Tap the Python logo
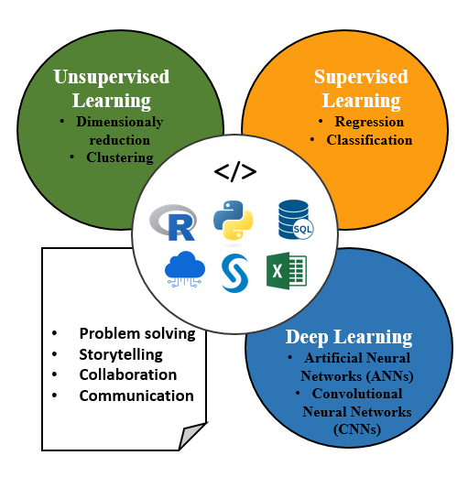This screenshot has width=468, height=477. (x=234, y=220)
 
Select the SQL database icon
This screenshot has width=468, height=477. (x=296, y=219)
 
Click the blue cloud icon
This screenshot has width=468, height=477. (x=185, y=269)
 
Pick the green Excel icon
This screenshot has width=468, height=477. (x=287, y=270)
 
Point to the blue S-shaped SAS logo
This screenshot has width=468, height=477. (x=234, y=273)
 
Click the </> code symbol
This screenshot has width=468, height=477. (x=235, y=172)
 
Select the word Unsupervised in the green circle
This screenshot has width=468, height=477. (x=112, y=77)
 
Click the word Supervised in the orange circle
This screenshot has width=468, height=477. (x=361, y=77)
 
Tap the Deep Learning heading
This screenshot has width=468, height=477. (x=349, y=337)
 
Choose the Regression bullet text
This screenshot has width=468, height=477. (x=369, y=122)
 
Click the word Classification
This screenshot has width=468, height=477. (x=369, y=140)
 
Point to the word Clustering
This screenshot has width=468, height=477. (x=120, y=157)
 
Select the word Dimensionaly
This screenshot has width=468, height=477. (x=120, y=122)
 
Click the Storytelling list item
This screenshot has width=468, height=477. (x=121, y=354)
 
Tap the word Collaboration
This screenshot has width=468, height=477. (x=128, y=374)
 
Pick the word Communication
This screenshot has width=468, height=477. (x=136, y=396)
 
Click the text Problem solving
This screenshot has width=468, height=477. (x=137, y=333)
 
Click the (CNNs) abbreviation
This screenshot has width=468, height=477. (x=357, y=429)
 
